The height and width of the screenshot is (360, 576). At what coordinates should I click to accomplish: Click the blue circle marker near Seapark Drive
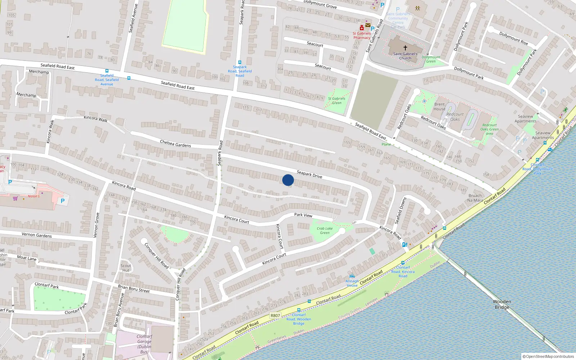pyautogui.click(x=288, y=180)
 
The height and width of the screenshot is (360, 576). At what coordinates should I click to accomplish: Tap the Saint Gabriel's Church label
pyautogui.click(x=405, y=56)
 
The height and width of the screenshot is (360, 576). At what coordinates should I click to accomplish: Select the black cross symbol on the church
pyautogui.click(x=405, y=48)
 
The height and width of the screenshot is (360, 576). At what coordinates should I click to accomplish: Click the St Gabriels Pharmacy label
pyautogui.click(x=361, y=35)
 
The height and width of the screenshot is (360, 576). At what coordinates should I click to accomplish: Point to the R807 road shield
pyautogui.click(x=275, y=315)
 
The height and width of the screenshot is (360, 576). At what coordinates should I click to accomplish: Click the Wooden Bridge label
pyautogui.click(x=502, y=304)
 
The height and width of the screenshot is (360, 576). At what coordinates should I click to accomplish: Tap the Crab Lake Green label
pyautogui.click(x=325, y=230)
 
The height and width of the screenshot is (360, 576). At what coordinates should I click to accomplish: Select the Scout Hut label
pyautogui.click(x=126, y=268)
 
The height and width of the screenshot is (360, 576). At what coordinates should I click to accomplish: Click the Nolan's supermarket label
pyautogui.click(x=34, y=196)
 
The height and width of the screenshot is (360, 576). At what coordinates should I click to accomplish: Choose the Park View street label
pyautogui.click(x=303, y=215)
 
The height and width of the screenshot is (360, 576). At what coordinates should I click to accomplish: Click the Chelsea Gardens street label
pyautogui.click(x=175, y=144)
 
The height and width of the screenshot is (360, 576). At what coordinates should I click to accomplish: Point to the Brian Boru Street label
pyautogui.click(x=134, y=289)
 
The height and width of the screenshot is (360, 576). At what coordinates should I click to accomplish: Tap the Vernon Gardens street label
pyautogui.click(x=36, y=235)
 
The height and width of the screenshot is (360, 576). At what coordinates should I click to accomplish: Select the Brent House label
pyautogui.click(x=439, y=107)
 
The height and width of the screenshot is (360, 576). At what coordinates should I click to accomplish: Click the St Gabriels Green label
pyautogui.click(x=337, y=100)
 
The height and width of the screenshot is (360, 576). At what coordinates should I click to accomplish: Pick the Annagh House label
pyautogui.click(x=352, y=283)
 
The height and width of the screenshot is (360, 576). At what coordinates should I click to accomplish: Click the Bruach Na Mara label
pyautogui.click(x=475, y=198)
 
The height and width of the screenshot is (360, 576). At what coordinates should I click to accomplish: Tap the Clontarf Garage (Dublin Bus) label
pyautogui.click(x=144, y=344)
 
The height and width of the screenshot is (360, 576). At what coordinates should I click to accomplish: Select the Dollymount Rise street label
pyautogui.click(x=513, y=38)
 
